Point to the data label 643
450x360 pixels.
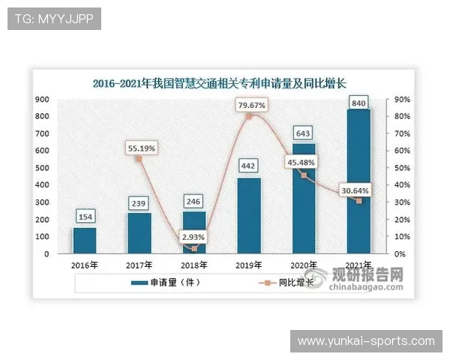click(x=304, y=133)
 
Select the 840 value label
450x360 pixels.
click(x=358, y=102)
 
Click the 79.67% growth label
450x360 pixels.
click(x=250, y=106)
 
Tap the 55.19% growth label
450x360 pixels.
click(x=141, y=148)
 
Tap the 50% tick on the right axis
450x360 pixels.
click(x=402, y=167)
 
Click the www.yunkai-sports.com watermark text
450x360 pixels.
click(x=366, y=341)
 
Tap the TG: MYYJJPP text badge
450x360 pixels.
click(x=54, y=19)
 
